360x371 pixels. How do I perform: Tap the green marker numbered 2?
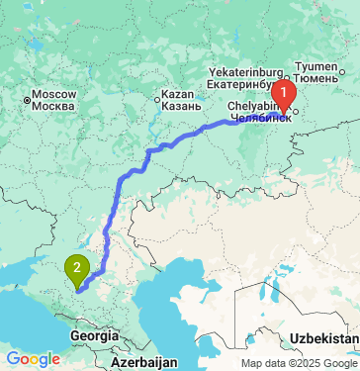tap(75, 266)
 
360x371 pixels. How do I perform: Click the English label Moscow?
tap(48, 94)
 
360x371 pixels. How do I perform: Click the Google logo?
tap(33, 358)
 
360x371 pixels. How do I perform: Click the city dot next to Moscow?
tap(27, 97)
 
